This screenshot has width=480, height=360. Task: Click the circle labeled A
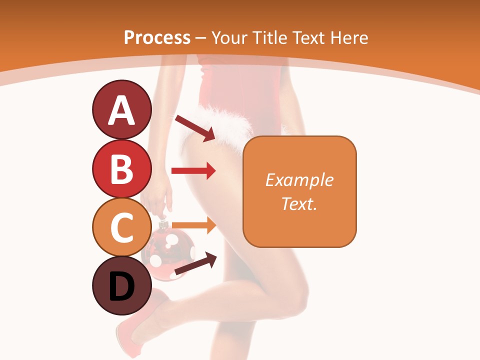point(121,109)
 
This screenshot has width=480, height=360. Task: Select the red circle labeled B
point(121,168)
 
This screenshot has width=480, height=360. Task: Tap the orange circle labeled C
point(121,227)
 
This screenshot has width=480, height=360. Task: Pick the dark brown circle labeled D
point(121,286)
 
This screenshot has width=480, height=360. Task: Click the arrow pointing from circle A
point(194,127)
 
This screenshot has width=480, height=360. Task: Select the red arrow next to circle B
point(193,171)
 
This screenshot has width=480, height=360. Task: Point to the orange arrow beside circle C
point(193,225)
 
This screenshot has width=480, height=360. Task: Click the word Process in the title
point(157,37)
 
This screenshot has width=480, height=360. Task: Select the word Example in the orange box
point(299,180)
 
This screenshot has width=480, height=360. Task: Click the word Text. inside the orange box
point(299,203)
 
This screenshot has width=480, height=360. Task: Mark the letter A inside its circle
point(121,110)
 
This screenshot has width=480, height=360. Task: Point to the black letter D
point(121,287)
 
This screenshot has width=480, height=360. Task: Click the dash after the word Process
point(200,38)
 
